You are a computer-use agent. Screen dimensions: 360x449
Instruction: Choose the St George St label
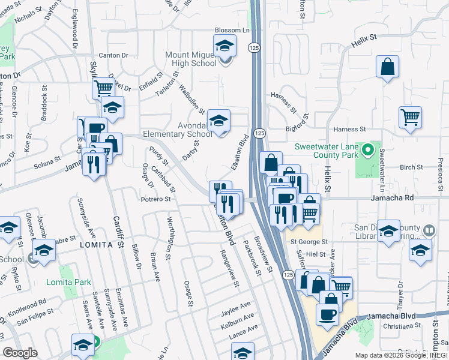coord(309,242)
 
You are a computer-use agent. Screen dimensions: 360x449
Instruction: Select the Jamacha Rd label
coord(393,197)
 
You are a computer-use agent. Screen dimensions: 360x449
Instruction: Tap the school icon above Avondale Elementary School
coord(219,120)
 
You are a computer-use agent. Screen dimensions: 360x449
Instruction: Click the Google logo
coord(20,353)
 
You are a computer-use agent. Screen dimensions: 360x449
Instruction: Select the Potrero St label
coord(156,199)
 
